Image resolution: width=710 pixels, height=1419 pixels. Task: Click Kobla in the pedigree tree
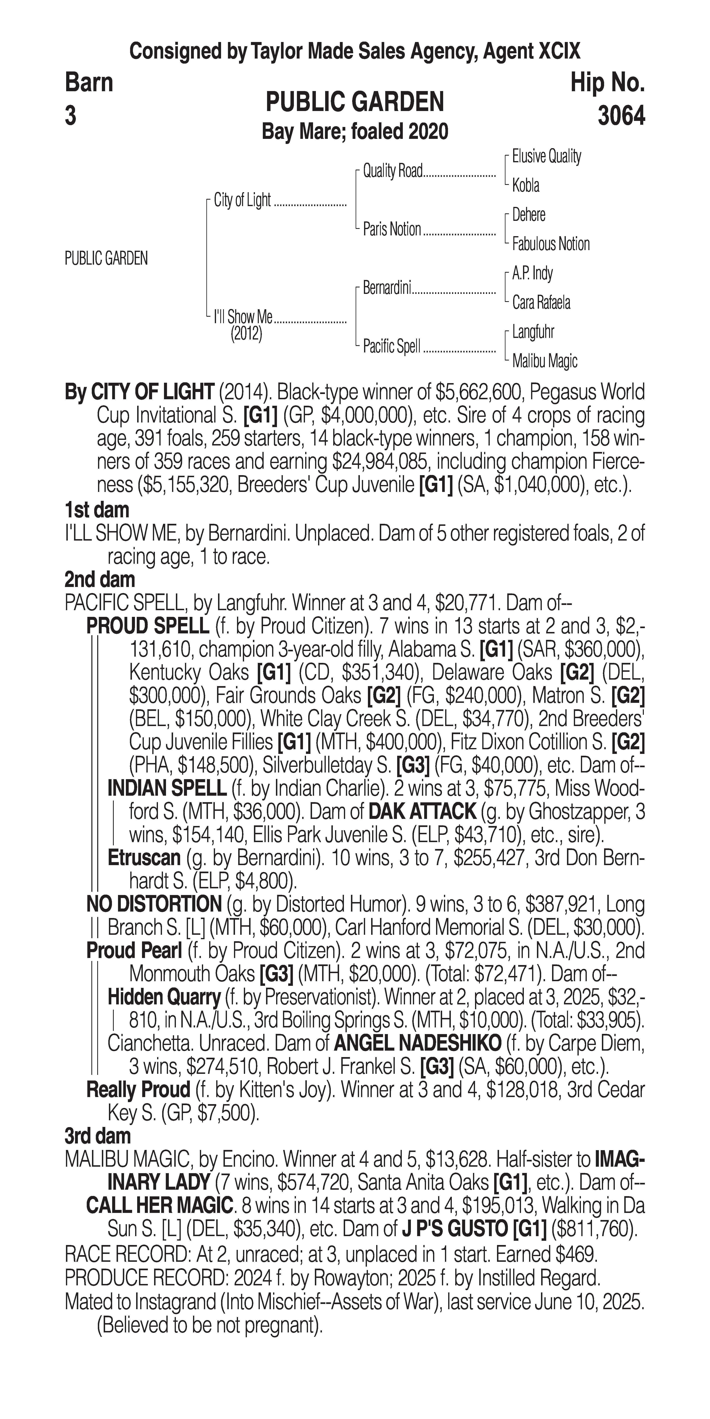click(x=526, y=186)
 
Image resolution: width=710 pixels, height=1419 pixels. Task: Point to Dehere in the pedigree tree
click(x=528, y=215)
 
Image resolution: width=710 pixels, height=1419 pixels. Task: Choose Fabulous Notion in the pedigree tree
click(x=550, y=244)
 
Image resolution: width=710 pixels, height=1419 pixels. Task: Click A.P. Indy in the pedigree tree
click(x=532, y=273)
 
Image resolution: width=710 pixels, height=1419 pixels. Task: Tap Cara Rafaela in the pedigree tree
click(x=541, y=302)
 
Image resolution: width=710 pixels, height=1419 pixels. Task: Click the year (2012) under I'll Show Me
click(x=246, y=334)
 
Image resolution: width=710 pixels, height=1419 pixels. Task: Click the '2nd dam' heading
click(x=100, y=580)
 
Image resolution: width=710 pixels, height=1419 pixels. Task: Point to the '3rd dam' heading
click(x=97, y=1136)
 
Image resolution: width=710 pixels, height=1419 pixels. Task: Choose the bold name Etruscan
click(x=144, y=858)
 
